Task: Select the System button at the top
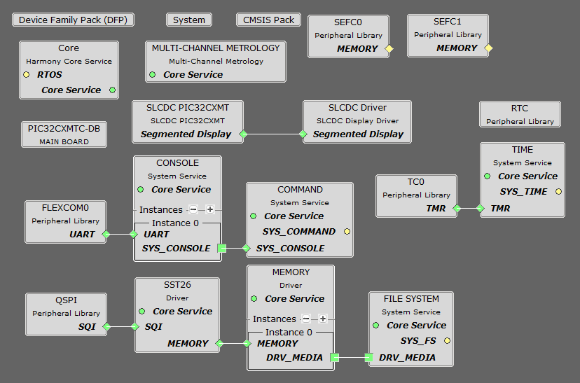[189, 20]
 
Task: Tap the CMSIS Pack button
[269, 20]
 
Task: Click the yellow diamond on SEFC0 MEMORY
[389, 49]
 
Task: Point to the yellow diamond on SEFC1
[489, 48]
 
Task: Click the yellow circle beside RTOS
[26, 75]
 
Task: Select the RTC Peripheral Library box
[520, 114]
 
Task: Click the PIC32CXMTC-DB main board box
[64, 134]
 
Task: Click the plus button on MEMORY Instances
[323, 319]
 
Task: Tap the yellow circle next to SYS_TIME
[558, 192]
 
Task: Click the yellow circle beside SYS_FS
[447, 341]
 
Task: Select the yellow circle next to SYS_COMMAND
[347, 232]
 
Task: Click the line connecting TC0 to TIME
[469, 209]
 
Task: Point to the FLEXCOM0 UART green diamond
[106, 235]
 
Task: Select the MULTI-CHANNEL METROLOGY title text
[216, 48]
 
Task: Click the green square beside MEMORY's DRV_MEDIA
[334, 358]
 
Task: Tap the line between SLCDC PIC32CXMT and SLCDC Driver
[273, 134]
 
